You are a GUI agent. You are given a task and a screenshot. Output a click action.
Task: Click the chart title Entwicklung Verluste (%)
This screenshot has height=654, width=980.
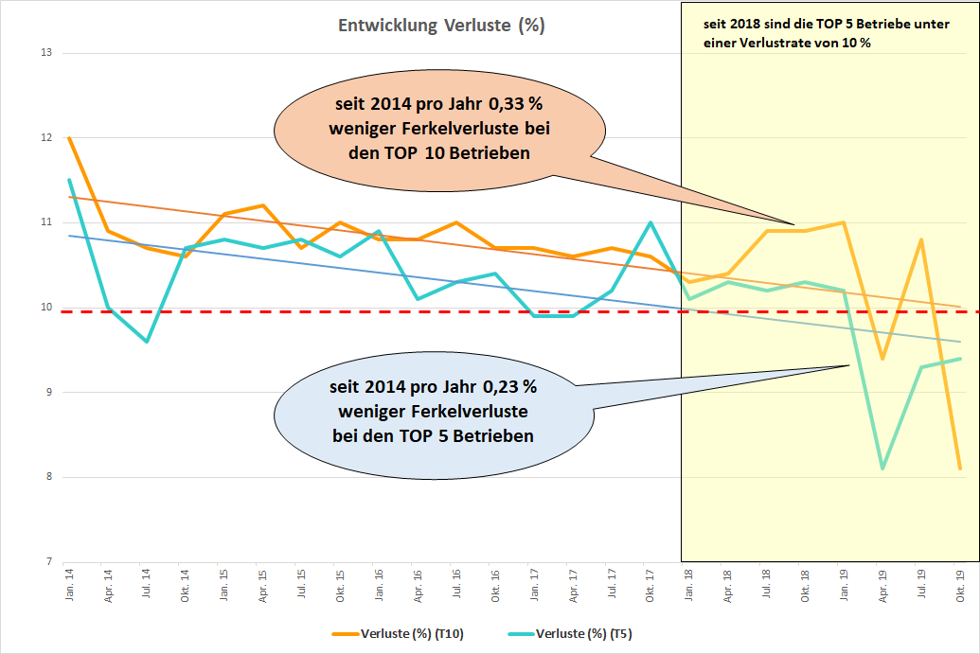click(441, 26)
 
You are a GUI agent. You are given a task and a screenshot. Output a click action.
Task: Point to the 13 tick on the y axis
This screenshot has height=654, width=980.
click(45, 53)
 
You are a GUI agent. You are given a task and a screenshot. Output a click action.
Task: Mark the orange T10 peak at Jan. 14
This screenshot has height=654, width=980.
click(69, 138)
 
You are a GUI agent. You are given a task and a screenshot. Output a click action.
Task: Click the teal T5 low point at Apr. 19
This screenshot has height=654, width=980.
click(882, 468)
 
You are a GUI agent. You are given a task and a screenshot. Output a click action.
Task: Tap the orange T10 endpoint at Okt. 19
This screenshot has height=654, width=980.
click(960, 468)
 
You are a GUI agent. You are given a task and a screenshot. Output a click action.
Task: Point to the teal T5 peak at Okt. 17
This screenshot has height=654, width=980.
click(650, 222)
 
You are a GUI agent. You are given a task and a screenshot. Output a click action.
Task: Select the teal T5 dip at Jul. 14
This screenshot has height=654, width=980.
click(147, 341)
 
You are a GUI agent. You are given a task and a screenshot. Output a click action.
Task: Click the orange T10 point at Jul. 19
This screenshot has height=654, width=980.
click(921, 239)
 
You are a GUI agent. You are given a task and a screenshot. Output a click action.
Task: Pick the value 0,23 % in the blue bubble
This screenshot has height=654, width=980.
click(508, 387)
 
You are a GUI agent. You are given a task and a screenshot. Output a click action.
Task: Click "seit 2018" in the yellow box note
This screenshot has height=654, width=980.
click(724, 23)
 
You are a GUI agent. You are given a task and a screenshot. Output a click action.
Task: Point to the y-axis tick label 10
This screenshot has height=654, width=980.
click(45, 308)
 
